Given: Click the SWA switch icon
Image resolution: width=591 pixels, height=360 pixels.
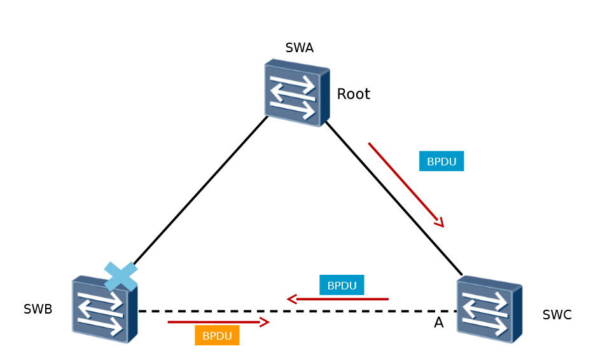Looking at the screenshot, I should [x=297, y=92].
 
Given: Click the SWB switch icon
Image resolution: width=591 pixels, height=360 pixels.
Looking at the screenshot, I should [x=104, y=309].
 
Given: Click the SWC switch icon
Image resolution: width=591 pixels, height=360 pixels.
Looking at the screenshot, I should [x=489, y=309].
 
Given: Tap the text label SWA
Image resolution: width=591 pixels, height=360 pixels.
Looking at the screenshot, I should [x=299, y=48].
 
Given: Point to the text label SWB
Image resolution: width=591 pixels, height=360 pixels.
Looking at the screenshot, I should [x=38, y=310].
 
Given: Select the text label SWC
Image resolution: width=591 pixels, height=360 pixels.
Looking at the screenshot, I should [x=557, y=315].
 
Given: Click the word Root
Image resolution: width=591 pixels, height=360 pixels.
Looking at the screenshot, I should [x=353, y=94].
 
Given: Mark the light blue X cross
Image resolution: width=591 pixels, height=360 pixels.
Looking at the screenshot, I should [x=121, y=277].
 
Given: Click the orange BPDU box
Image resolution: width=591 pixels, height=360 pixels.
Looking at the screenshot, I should [x=217, y=335].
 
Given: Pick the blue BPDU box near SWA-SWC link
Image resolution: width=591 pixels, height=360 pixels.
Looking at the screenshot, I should [x=442, y=161].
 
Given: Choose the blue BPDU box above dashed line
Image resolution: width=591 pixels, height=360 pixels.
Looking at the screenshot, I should [x=342, y=286].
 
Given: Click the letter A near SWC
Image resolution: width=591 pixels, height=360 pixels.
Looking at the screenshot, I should [x=438, y=323].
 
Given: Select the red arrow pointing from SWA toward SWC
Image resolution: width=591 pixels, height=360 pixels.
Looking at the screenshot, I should [x=405, y=184].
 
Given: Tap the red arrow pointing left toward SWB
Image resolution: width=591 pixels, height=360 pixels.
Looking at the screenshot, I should [x=338, y=299].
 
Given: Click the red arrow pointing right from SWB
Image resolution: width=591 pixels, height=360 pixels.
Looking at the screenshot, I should [x=218, y=322].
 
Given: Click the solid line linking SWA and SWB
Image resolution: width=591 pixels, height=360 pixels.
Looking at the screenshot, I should [x=200, y=190].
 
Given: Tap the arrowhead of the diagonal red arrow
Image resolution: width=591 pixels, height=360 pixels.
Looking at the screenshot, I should [x=440, y=223].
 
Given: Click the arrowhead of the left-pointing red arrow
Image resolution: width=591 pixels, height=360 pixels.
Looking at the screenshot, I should [x=291, y=299].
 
